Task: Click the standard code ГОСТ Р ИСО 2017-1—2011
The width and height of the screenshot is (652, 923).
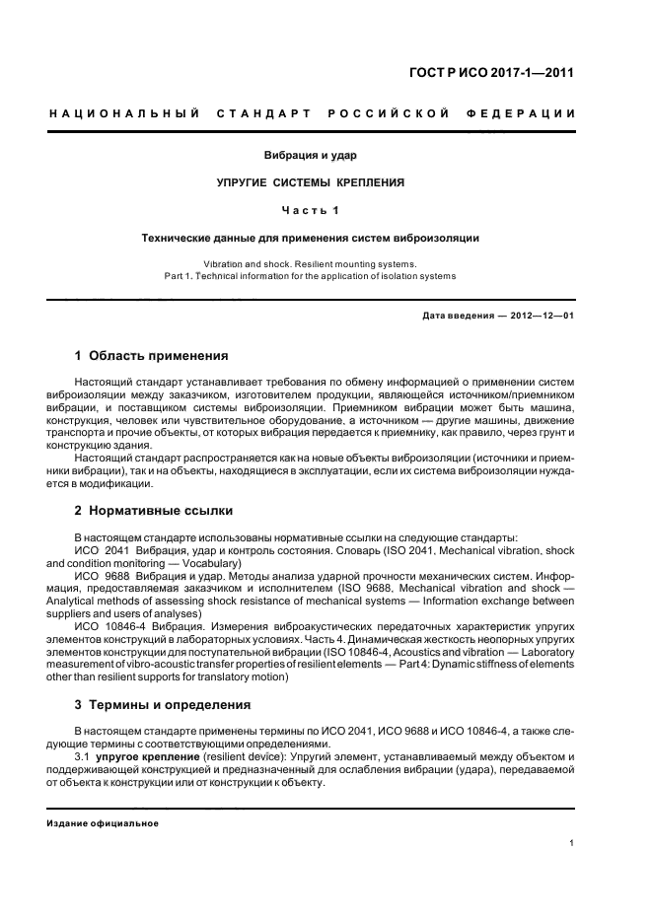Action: coord(497,72)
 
